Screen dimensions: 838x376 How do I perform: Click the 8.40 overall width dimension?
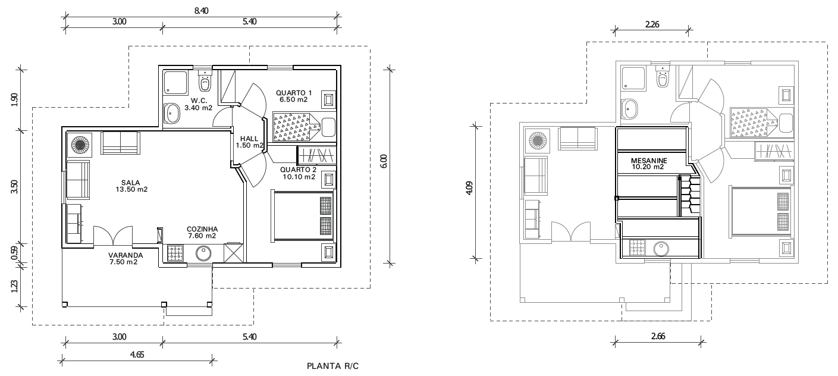click(201, 11)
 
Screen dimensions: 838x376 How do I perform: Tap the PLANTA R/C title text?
click(332, 366)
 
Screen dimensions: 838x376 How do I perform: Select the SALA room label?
click(131, 183)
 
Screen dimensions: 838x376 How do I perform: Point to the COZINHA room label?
click(202, 229)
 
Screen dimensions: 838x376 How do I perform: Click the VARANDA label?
click(125, 255)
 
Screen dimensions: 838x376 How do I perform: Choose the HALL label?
click(249, 139)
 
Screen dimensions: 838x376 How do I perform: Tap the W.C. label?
click(199, 101)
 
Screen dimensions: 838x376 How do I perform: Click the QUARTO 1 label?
click(294, 93)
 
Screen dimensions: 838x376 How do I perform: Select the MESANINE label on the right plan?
click(649, 161)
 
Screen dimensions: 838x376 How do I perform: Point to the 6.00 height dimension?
click(384, 161)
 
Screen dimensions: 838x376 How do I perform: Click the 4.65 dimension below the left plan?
click(137, 355)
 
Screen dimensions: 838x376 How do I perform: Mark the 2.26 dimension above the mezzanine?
click(652, 24)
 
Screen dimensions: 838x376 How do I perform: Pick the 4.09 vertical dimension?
click(469, 188)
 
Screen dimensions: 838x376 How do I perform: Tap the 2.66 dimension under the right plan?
click(658, 336)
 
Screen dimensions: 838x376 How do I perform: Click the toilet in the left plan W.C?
click(205, 80)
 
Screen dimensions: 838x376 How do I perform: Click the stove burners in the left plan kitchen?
click(175, 253)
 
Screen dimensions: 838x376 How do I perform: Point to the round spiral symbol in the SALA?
click(80, 145)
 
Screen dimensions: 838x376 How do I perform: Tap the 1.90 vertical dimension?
click(14, 99)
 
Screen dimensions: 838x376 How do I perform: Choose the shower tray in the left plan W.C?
click(175, 82)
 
